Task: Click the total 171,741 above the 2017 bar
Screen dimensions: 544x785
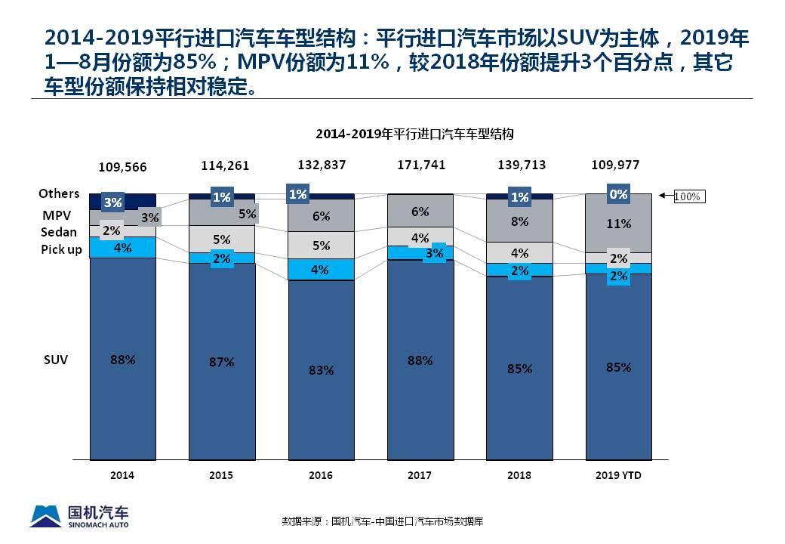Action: click(420, 164)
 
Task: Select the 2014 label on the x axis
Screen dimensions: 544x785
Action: click(122, 475)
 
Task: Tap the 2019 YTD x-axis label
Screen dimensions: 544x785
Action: click(618, 475)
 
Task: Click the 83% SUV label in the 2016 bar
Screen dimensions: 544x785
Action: click(320, 371)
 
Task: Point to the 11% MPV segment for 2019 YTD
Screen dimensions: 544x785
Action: click(619, 224)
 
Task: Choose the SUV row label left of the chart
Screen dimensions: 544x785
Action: click(56, 360)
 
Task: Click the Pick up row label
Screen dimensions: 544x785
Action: click(62, 249)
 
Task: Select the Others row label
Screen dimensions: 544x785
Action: click(60, 194)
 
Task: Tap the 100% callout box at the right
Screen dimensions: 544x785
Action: click(687, 196)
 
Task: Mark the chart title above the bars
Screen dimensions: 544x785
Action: click(414, 134)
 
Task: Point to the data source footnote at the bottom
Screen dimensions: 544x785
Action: click(382, 521)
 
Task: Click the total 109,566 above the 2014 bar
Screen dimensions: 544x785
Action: click(122, 166)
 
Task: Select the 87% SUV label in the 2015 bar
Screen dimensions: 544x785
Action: click(221, 362)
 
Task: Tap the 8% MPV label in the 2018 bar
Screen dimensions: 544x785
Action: click(519, 222)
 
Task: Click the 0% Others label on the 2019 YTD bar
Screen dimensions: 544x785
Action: click(618, 194)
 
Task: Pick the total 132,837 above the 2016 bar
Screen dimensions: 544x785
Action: click(320, 165)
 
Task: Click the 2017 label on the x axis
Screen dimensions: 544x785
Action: click(420, 475)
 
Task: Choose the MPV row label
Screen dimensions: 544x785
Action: click(57, 215)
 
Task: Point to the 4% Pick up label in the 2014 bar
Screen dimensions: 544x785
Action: click(122, 247)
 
